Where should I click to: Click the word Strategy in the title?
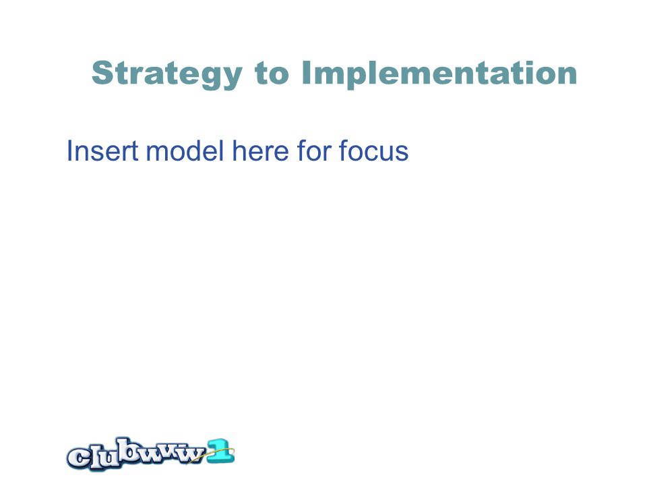coord(166,74)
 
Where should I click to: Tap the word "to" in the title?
coord(272,73)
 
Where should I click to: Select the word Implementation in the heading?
coord(439,74)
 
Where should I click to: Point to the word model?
coord(185,151)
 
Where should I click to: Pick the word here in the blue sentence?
coord(261,151)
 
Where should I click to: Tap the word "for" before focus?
coord(314,151)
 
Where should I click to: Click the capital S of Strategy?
coord(102,73)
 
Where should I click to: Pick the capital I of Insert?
coord(69,151)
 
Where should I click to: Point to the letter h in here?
coord(240,151)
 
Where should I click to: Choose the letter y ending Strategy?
coord(233,78)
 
